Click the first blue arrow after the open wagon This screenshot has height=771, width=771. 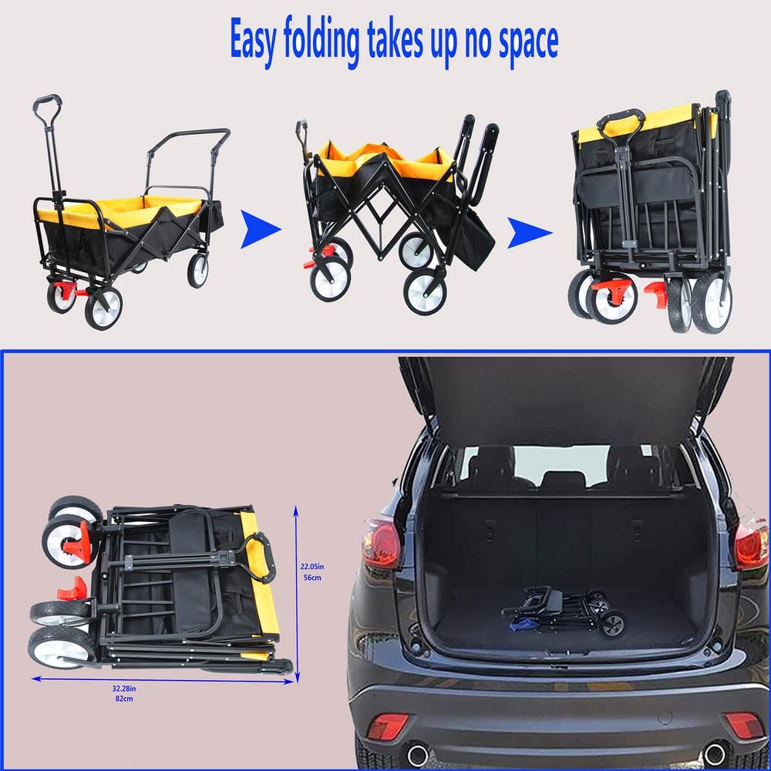click(260, 230)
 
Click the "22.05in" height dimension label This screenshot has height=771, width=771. click(312, 566)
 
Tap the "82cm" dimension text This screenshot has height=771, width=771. click(123, 699)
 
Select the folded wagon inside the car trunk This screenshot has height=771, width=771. click(564, 610)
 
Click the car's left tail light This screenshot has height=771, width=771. click(382, 544)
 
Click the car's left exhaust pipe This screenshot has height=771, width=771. click(417, 753)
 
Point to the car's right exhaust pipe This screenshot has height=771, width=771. click(714, 753)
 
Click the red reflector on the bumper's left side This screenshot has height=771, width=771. click(387, 726)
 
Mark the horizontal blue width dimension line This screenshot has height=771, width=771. click(162, 680)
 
